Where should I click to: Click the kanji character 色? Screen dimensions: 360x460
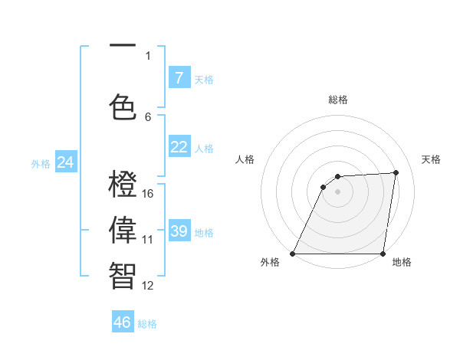pyautogui.click(x=123, y=105)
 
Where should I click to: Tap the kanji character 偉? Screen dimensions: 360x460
pyautogui.click(x=123, y=230)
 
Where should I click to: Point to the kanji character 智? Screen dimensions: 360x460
pyautogui.click(x=123, y=275)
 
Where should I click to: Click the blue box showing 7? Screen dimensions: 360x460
pyautogui.click(x=179, y=77)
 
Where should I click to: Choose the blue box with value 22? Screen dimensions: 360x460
pyautogui.click(x=179, y=147)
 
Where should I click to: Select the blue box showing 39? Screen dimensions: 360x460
pyautogui.click(x=179, y=231)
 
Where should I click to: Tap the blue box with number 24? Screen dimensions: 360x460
pyautogui.click(x=65, y=162)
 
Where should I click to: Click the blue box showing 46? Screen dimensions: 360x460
pyautogui.click(x=122, y=322)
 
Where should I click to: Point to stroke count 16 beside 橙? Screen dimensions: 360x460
pyautogui.click(x=148, y=193)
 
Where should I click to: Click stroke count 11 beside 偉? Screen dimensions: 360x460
pyautogui.click(x=148, y=239)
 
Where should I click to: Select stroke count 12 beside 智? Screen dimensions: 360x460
pyautogui.click(x=148, y=286)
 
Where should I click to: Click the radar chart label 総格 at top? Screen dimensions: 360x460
pyautogui.click(x=338, y=100)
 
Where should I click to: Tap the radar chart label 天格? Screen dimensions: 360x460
pyautogui.click(x=431, y=159)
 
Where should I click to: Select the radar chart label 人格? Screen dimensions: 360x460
pyautogui.click(x=245, y=159)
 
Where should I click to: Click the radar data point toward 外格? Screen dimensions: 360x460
pyautogui.click(x=292, y=254)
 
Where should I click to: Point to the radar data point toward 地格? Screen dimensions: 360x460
pyautogui.click(x=383, y=254)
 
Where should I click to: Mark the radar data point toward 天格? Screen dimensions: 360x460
pyautogui.click(x=396, y=172)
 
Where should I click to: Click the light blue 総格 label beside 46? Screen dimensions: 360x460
pyautogui.click(x=147, y=324)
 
